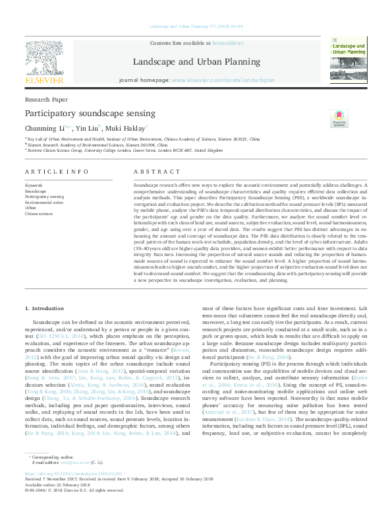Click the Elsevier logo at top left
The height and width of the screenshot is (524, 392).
44,65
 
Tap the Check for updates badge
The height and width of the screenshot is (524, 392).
339,118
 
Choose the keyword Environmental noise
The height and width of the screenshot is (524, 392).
42,202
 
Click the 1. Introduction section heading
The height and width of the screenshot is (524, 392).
45,308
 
